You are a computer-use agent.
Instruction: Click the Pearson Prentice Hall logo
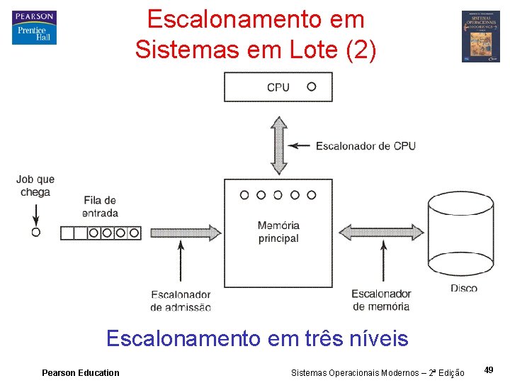pyautogui.click(x=34, y=28)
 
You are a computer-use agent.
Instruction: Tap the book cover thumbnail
pyautogui.click(x=480, y=36)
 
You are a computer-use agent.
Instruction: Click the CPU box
pyautogui.click(x=278, y=87)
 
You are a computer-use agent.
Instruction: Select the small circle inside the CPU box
pyautogui.click(x=311, y=87)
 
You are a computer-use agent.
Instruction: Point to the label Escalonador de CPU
pyautogui.click(x=365, y=146)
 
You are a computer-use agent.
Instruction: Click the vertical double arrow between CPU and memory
pyautogui.click(x=279, y=145)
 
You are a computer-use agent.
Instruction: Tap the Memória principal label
pyautogui.click(x=278, y=232)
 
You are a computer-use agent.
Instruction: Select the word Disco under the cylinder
pyautogui.click(x=464, y=288)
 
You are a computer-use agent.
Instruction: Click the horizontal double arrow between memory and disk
pyautogui.click(x=381, y=232)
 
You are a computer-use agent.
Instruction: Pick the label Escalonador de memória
pyautogui.click(x=381, y=300)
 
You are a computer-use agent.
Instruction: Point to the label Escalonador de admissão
pyautogui.click(x=181, y=301)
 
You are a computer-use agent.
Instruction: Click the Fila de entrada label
pyautogui.click(x=100, y=206)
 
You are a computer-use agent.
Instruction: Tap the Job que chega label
pyautogui.click(x=35, y=186)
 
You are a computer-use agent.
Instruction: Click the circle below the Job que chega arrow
pyautogui.click(x=35, y=232)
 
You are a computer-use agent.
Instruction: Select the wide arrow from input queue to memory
pyautogui.click(x=182, y=232)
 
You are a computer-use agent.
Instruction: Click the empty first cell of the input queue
pyautogui.click(x=67, y=232)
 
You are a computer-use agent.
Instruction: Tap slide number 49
pyautogui.click(x=489, y=370)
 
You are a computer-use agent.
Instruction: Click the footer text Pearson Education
pyautogui.click(x=81, y=373)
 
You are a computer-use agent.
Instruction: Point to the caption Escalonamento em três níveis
pyautogui.click(x=257, y=338)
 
